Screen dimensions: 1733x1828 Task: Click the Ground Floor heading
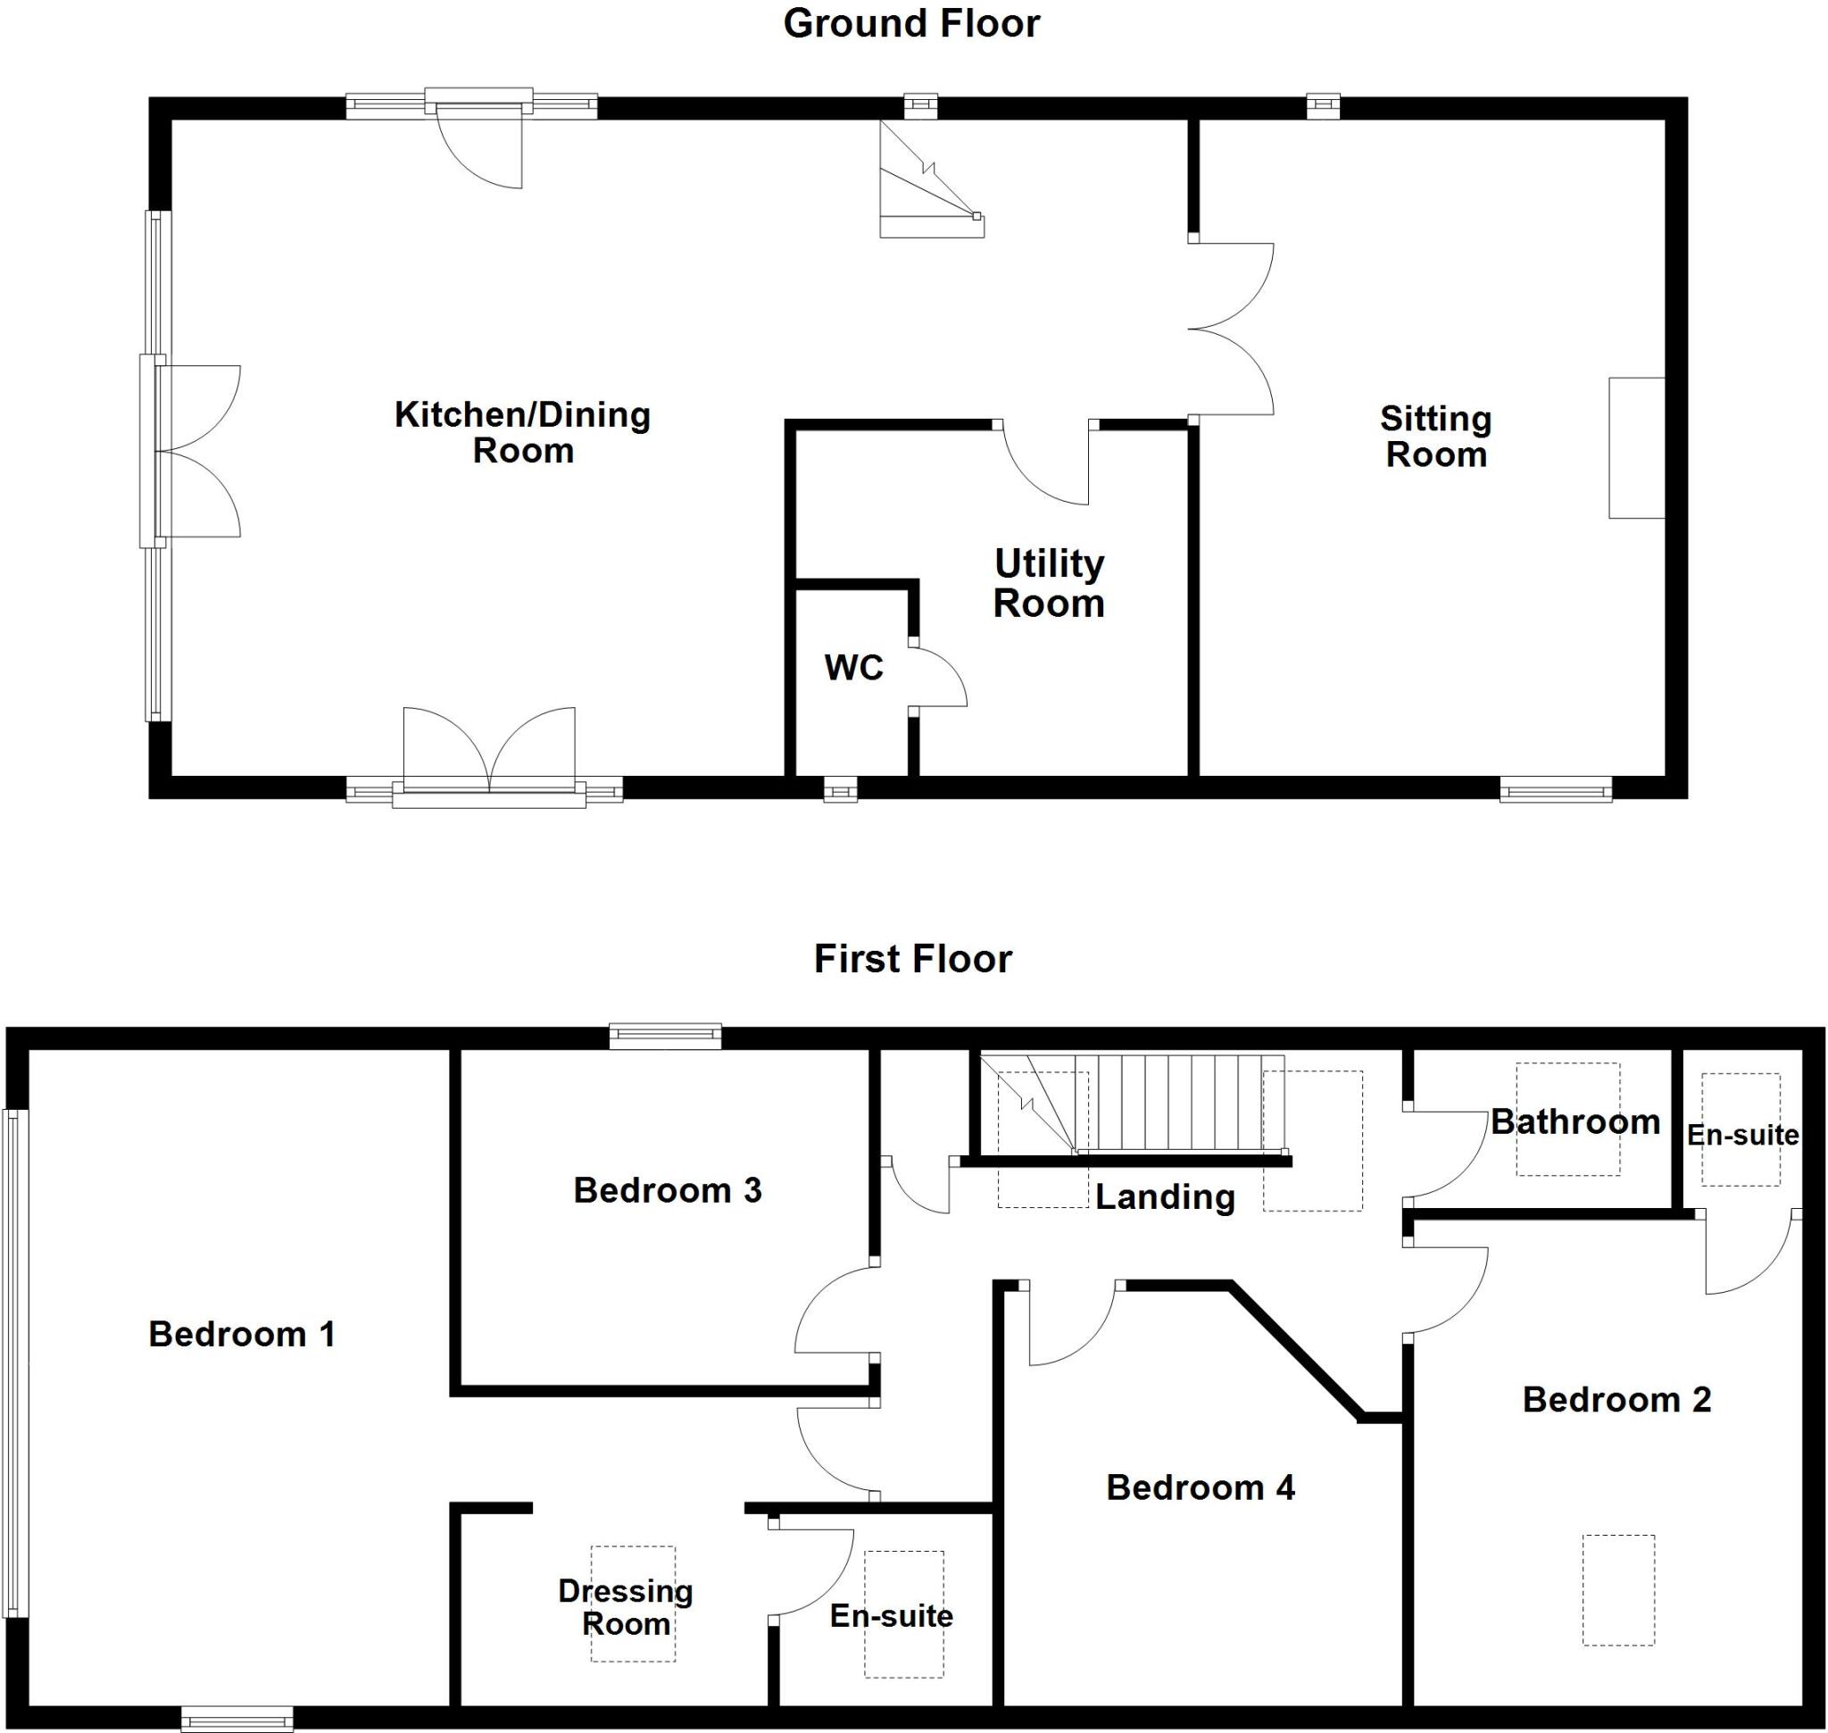point(910,24)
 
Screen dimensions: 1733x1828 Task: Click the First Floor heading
point(912,959)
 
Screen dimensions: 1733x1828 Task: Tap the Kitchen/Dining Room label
point(523,432)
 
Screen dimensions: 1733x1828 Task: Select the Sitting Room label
point(1435,437)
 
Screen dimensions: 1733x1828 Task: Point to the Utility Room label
point(1049,583)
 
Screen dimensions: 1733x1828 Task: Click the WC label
point(853,667)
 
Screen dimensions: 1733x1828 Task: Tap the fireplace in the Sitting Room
point(1636,448)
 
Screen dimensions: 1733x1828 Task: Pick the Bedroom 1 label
point(241,1334)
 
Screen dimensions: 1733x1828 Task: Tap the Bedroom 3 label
point(667,1190)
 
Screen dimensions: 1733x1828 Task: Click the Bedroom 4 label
point(1200,1487)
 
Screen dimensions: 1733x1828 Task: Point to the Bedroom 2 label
point(1616,1399)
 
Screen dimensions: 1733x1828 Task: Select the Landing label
point(1165,1197)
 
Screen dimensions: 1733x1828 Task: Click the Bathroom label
point(1575,1121)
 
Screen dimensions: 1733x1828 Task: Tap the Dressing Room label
point(626,1607)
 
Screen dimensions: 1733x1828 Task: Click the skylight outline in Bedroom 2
point(1618,1590)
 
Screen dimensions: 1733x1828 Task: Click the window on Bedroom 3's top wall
point(665,1037)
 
